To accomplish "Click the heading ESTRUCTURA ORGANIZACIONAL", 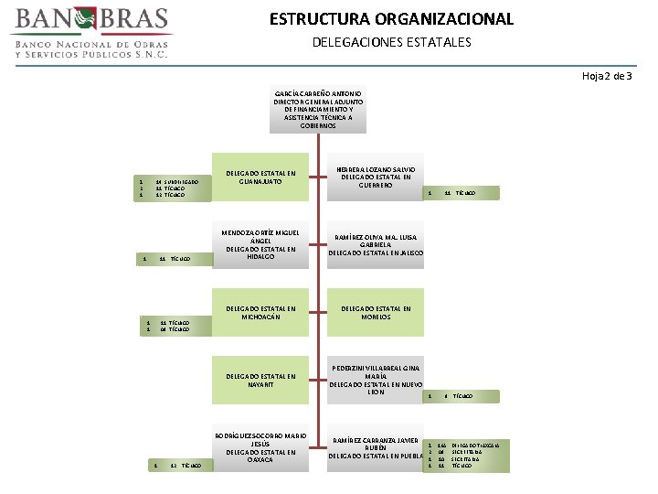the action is (391, 19).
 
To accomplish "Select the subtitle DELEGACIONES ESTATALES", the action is (391, 42).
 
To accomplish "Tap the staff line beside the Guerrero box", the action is (451, 193).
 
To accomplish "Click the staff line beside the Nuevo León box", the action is (451, 396).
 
